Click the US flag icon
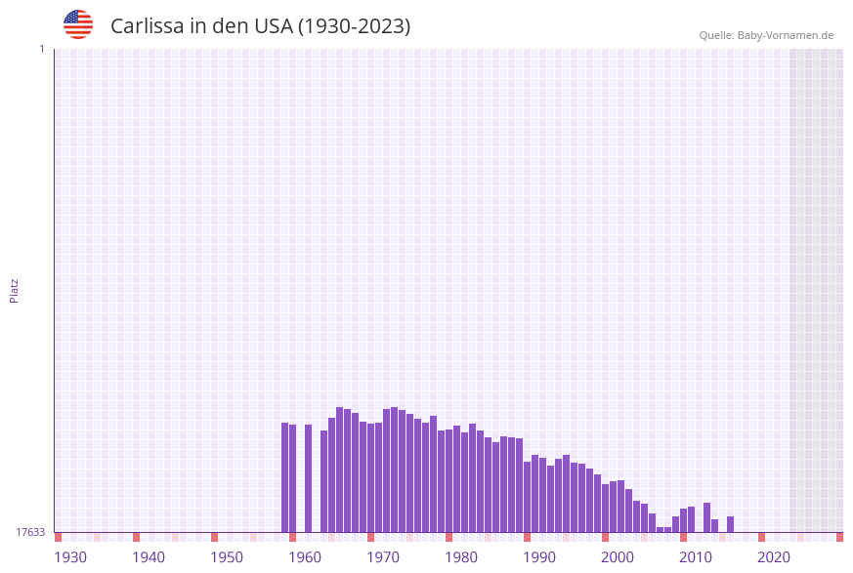pyautogui.click(x=78, y=24)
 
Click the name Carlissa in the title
pyautogui.click(x=151, y=26)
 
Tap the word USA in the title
pyautogui.click(x=273, y=26)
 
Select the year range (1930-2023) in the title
pyautogui.click(x=354, y=26)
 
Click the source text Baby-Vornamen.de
pyautogui.click(x=786, y=35)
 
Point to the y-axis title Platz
pyautogui.click(x=15, y=290)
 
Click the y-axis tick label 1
pyautogui.click(x=42, y=49)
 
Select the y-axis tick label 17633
pyautogui.click(x=30, y=532)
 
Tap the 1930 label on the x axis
pyautogui.click(x=70, y=557)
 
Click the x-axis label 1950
pyautogui.click(x=227, y=557)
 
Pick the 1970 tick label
pyautogui.click(x=383, y=557)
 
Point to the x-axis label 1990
pyautogui.click(x=539, y=557)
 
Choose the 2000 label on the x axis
pyautogui.click(x=618, y=557)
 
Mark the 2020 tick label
pyautogui.click(x=774, y=557)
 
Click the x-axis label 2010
pyautogui.click(x=696, y=557)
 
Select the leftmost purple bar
pyautogui.click(x=285, y=477)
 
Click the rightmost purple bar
pyautogui.click(x=730, y=524)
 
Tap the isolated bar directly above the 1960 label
pyautogui.click(x=308, y=478)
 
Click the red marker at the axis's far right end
pyautogui.click(x=839, y=537)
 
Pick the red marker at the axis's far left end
pyautogui.click(x=59, y=537)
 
